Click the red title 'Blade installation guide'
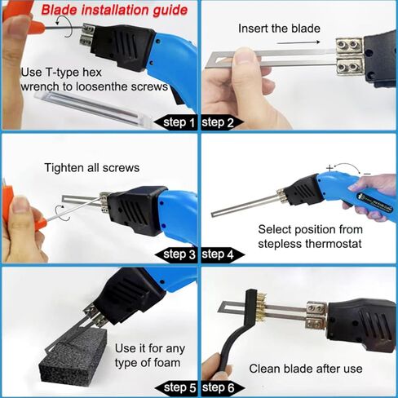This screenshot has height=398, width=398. tap(114, 10)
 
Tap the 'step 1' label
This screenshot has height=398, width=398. tap(179, 122)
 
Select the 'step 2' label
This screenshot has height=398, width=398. tap(218, 122)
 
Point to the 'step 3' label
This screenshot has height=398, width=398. tap(179, 254)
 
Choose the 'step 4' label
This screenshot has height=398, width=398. tap(218, 254)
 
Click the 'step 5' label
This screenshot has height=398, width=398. tap(179, 387)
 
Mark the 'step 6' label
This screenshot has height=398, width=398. tap(218, 387)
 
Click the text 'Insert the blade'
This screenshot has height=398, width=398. tap(279, 29)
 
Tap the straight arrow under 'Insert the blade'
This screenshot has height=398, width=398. tap(298, 42)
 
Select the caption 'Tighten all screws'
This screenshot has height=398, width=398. tap(92, 168)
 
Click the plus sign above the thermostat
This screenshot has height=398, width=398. tap(329, 168)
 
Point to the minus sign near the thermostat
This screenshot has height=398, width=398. tap(367, 174)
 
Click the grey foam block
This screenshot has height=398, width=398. tap(73, 359)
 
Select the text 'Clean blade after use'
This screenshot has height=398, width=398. tap(306, 369)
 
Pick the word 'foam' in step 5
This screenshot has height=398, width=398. tap(167, 363)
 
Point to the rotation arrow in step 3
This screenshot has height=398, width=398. tap(63, 213)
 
